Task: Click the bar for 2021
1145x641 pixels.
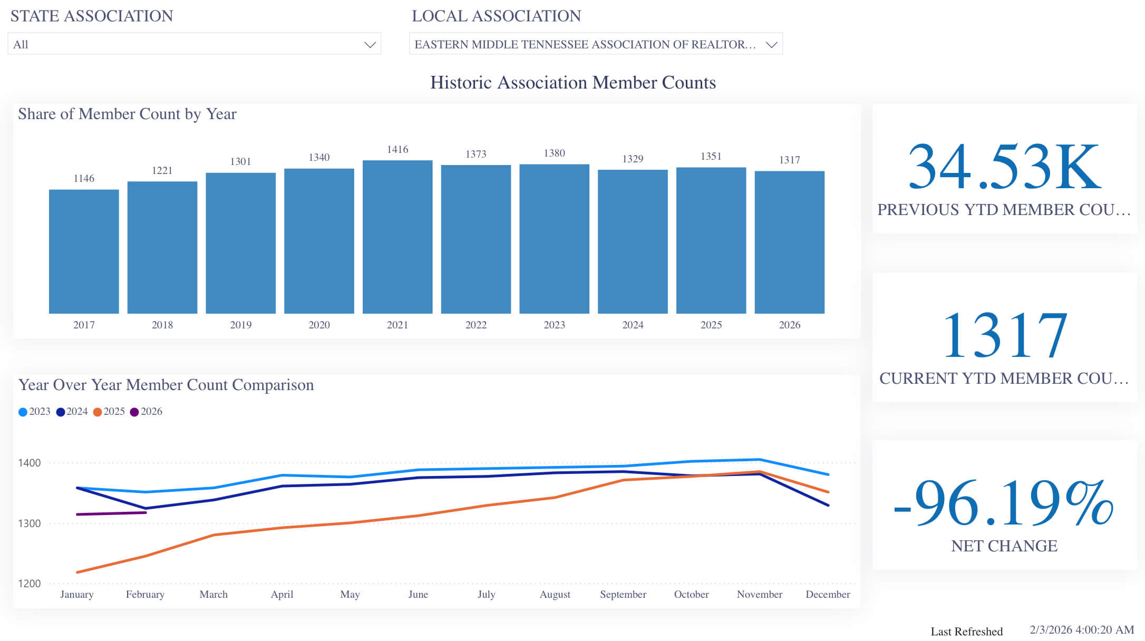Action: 397,237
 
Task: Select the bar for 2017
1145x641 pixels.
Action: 84,251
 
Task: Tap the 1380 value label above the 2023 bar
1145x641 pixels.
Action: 554,153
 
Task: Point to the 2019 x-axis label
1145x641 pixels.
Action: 240,325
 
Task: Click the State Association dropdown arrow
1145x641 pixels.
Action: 370,45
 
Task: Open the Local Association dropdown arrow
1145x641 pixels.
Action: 771,45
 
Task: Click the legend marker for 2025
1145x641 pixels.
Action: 98,412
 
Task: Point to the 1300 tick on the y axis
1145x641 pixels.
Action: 29,523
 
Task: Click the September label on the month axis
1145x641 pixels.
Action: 623,595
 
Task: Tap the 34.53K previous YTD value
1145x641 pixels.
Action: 1004,167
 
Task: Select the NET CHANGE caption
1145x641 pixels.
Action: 1004,546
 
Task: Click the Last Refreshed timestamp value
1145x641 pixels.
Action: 1081,630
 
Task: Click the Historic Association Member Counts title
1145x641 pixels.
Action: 572,83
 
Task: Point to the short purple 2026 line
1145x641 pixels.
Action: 111,513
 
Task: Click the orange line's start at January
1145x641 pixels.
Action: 78,572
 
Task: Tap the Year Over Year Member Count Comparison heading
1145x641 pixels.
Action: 166,385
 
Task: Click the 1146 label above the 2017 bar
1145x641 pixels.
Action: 84,178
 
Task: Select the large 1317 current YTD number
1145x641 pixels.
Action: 1004,335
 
